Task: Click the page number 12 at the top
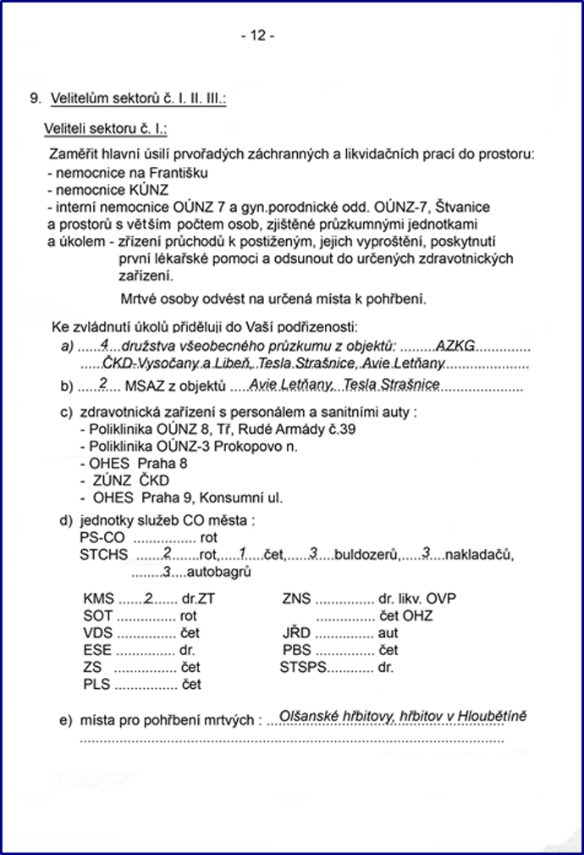pos(257,36)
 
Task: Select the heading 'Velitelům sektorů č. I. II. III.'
pos(138,99)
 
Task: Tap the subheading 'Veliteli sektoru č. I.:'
pos(106,129)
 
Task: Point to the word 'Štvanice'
pos(463,206)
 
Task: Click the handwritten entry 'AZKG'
pos(455,346)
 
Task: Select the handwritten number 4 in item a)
pos(104,344)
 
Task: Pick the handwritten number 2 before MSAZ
pos(102,384)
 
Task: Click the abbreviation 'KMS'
pos(98,599)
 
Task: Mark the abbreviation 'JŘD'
pos(295,633)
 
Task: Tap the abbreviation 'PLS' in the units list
pos(96,684)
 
